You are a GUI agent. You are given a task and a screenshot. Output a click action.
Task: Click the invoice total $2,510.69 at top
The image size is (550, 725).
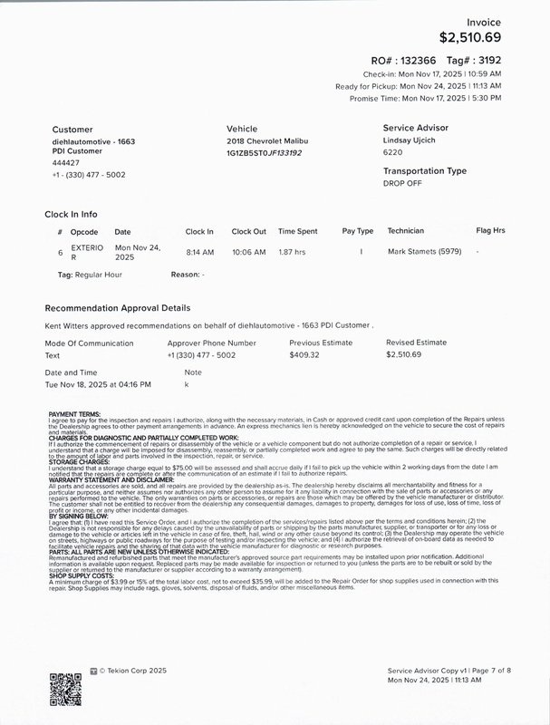469,37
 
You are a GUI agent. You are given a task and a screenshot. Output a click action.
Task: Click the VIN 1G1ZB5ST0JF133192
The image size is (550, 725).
264,153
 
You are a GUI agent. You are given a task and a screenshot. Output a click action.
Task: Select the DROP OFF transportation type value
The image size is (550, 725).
403,183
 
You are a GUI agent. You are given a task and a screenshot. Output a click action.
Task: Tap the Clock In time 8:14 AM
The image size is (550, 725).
199,251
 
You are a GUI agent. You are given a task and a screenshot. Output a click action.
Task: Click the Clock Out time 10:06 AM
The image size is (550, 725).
248,251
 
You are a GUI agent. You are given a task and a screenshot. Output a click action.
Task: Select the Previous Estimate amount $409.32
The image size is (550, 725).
304,354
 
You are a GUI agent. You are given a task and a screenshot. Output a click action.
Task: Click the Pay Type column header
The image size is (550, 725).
357,231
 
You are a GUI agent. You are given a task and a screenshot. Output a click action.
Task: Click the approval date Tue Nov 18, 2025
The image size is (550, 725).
98,384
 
